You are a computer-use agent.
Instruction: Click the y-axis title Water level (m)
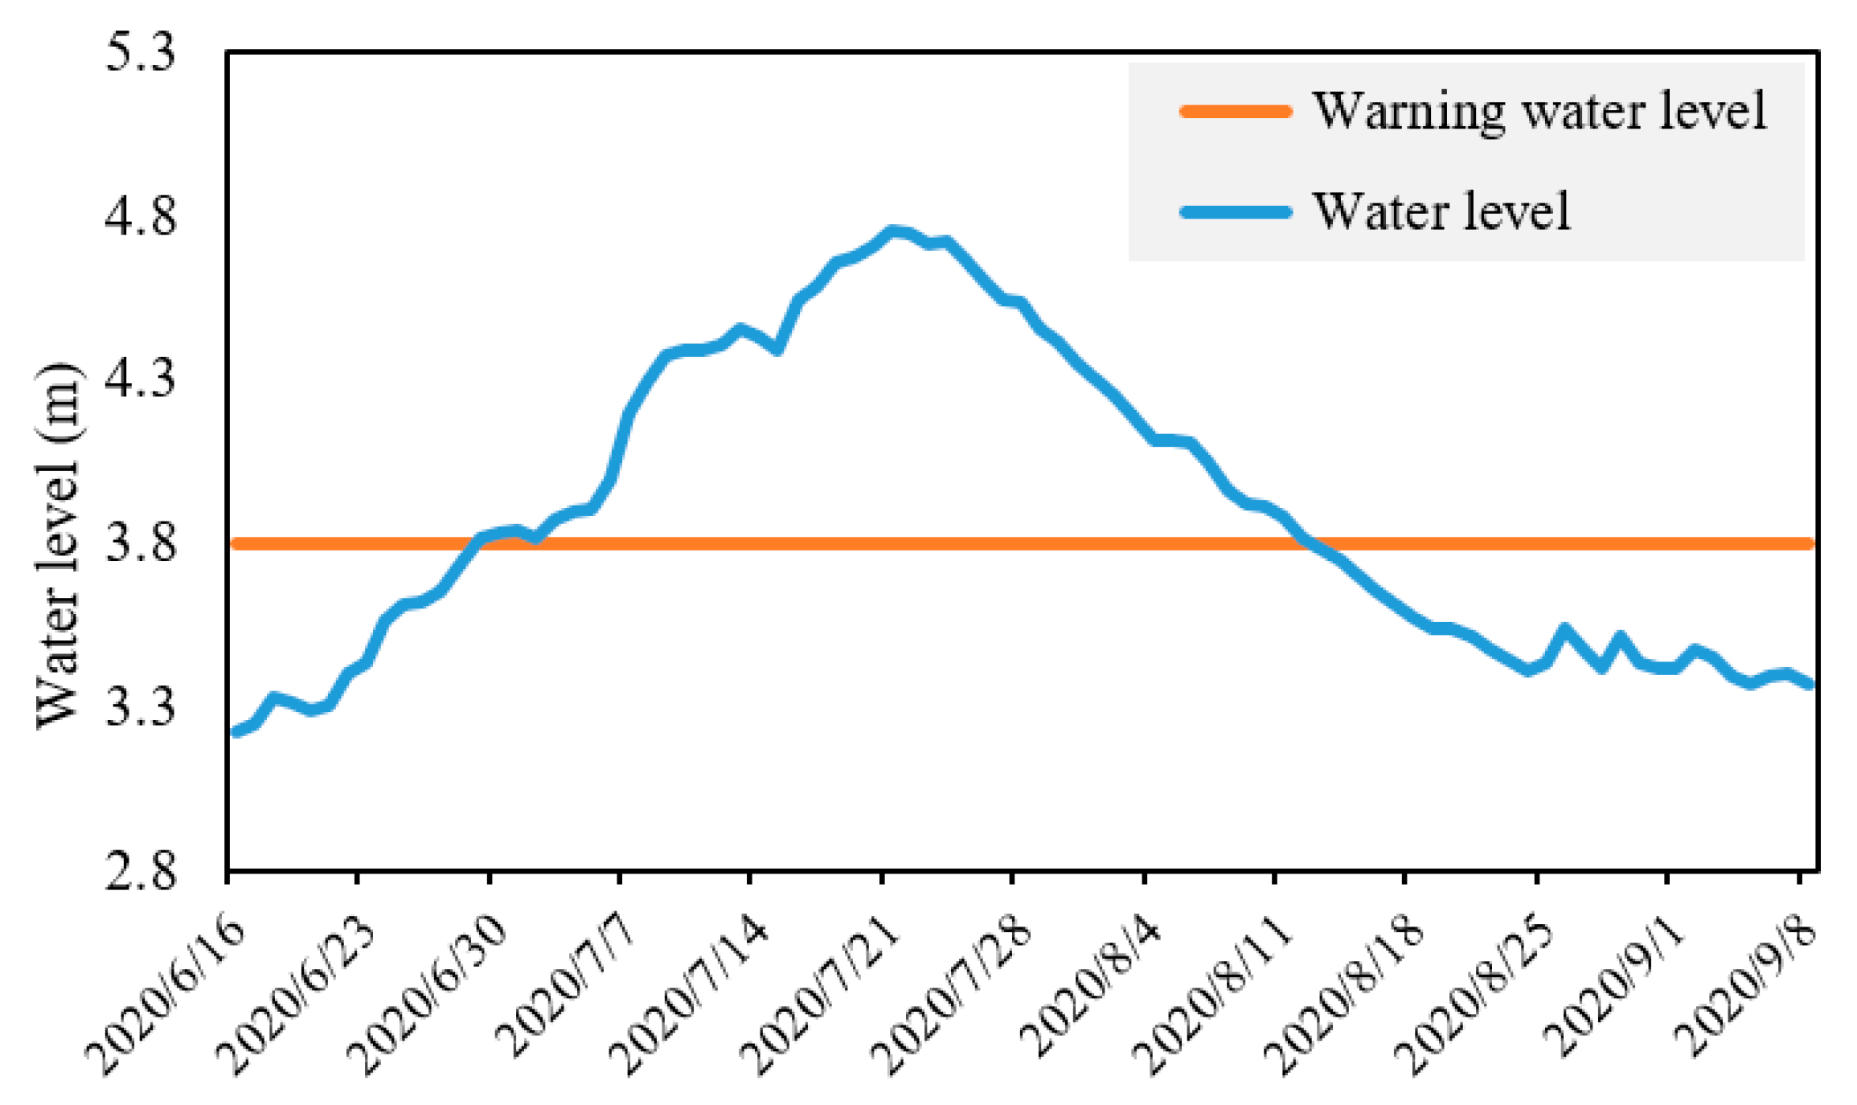(x=58, y=546)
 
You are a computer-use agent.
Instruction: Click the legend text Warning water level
(x=1539, y=111)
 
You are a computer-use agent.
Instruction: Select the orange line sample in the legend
(x=1236, y=112)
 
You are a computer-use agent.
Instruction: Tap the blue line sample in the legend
(x=1236, y=212)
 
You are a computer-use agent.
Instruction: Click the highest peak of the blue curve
(x=892, y=232)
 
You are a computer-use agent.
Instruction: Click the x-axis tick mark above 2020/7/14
(x=749, y=878)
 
